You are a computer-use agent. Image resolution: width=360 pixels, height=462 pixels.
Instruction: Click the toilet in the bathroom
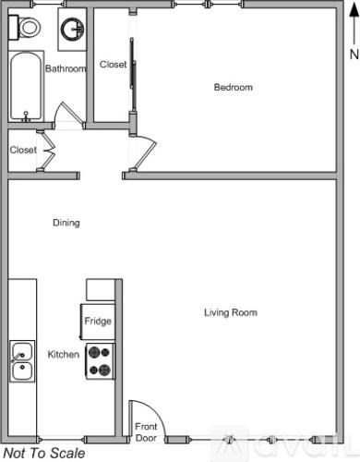28,27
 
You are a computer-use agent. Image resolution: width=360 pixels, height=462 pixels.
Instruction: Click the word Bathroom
66,68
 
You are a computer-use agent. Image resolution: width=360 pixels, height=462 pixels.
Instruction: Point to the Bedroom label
233,88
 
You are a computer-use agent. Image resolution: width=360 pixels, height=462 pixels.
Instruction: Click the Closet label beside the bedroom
113,65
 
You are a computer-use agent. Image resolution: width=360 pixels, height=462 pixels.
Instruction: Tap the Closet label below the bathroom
23,150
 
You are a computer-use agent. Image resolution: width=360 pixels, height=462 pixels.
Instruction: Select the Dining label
66,223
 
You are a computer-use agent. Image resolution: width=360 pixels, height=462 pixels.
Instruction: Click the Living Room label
230,313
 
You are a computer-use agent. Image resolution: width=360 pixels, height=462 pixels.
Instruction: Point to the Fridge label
98,322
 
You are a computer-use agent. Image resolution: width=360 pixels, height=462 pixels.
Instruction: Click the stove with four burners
99,360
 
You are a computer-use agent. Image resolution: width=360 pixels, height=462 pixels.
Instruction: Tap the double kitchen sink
22,362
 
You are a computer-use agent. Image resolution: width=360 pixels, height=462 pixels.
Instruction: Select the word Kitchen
64,355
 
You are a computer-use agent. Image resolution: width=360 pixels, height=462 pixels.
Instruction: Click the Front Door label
147,432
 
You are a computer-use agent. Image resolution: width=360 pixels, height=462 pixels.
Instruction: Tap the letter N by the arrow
353,55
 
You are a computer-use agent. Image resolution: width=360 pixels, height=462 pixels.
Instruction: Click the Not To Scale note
43,454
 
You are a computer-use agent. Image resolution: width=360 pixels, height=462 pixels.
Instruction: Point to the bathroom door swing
66,115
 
